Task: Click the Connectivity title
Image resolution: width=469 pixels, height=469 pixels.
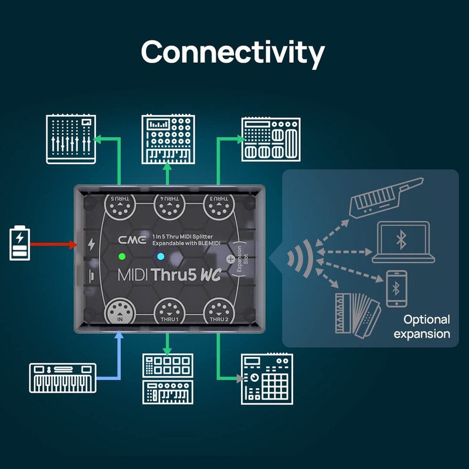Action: click(x=233, y=53)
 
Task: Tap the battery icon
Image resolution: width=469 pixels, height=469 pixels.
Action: click(x=20, y=243)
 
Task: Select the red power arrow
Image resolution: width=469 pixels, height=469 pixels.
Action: click(x=54, y=244)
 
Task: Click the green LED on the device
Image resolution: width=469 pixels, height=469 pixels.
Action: click(x=122, y=256)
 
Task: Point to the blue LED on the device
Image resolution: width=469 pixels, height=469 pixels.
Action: click(x=161, y=257)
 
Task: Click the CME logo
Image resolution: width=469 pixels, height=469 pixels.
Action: click(x=132, y=240)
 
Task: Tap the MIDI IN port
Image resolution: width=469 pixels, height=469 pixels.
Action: click(x=120, y=311)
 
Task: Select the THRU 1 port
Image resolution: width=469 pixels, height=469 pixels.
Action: click(x=169, y=311)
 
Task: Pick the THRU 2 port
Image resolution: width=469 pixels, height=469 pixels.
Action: click(x=219, y=311)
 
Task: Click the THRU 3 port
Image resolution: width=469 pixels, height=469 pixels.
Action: click(x=219, y=206)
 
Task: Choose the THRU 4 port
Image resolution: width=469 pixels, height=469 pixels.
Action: click(x=169, y=206)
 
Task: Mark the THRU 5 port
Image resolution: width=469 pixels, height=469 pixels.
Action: click(x=120, y=206)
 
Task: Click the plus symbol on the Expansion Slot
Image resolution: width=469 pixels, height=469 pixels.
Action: click(x=230, y=259)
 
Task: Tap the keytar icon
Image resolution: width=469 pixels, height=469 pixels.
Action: click(x=386, y=197)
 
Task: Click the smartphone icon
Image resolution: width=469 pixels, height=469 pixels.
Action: click(x=396, y=288)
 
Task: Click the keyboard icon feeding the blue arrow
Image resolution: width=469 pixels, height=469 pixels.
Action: click(x=63, y=378)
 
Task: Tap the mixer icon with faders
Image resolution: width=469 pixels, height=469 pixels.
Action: click(x=71, y=140)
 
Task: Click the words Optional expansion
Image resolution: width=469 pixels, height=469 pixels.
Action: click(x=422, y=327)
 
